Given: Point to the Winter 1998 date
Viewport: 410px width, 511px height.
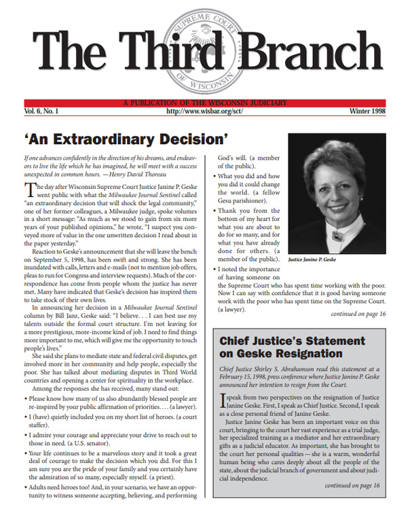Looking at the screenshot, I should click(373, 110).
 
